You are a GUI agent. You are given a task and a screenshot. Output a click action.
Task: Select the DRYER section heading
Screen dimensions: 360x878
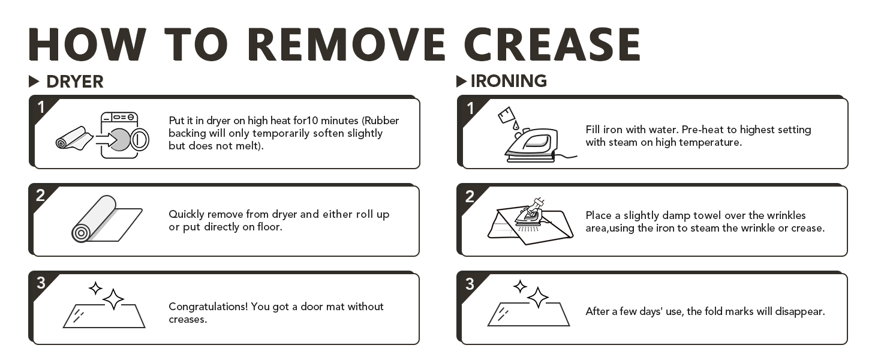pos(74,82)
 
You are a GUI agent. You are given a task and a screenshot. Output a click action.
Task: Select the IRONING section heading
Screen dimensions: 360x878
pos(509,81)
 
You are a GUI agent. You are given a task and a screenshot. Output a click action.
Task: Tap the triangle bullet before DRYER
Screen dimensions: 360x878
pos(34,82)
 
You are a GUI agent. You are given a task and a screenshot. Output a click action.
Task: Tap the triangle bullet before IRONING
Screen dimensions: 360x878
pos(461,81)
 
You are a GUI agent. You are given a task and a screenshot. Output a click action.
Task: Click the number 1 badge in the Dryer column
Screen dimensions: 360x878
pos(41,107)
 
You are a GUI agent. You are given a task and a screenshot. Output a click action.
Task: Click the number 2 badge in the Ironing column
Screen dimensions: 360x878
pos(470,196)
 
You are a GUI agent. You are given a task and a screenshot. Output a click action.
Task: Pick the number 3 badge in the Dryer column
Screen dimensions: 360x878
pos(41,283)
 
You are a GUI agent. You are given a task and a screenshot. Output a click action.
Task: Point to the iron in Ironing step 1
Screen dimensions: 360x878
pos(531,145)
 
